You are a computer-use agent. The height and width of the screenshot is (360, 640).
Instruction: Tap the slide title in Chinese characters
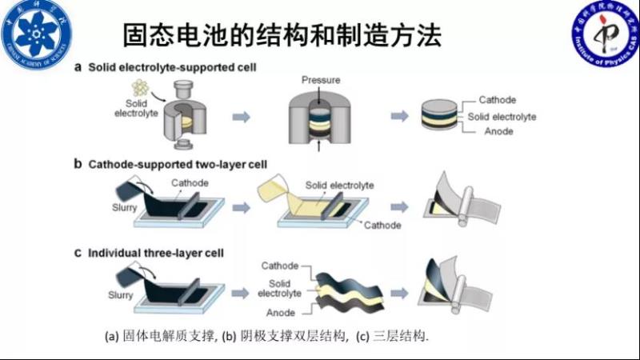[x=282, y=35]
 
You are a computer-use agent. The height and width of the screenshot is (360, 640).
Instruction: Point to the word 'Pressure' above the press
[x=321, y=81]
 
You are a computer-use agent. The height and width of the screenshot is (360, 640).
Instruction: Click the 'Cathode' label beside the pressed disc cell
[x=497, y=100]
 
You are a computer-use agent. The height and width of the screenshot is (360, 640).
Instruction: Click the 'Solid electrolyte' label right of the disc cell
[x=502, y=116]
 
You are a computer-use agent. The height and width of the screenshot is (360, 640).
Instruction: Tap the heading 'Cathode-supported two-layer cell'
[x=177, y=165]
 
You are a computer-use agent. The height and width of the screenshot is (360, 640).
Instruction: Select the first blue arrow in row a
[x=240, y=117]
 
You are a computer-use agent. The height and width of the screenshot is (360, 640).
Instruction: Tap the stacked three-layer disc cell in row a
[x=442, y=117]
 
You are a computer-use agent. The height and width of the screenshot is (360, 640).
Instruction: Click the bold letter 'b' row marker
[x=78, y=165]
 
